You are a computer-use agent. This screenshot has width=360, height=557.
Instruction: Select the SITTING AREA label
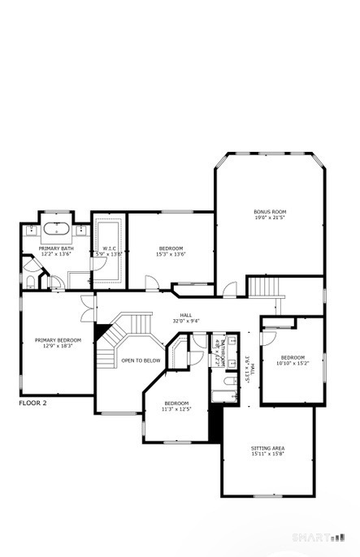click(267, 447)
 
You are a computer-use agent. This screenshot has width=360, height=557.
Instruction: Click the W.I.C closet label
click(110, 248)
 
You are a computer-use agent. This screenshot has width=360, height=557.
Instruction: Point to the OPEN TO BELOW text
click(141, 361)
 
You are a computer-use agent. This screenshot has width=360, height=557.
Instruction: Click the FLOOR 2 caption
click(33, 402)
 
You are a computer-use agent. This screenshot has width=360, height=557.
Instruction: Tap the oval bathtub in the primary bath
click(57, 229)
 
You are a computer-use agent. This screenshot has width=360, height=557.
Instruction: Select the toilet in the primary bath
click(30, 283)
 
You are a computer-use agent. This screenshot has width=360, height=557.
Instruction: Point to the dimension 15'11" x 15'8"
click(267, 454)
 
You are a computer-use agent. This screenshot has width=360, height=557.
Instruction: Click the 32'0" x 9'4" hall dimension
click(186, 322)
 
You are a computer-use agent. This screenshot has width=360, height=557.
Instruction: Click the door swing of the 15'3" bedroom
click(151, 281)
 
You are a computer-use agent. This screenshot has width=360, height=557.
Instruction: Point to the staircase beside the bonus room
click(266, 287)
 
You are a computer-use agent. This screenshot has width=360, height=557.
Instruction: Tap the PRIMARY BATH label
click(56, 248)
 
